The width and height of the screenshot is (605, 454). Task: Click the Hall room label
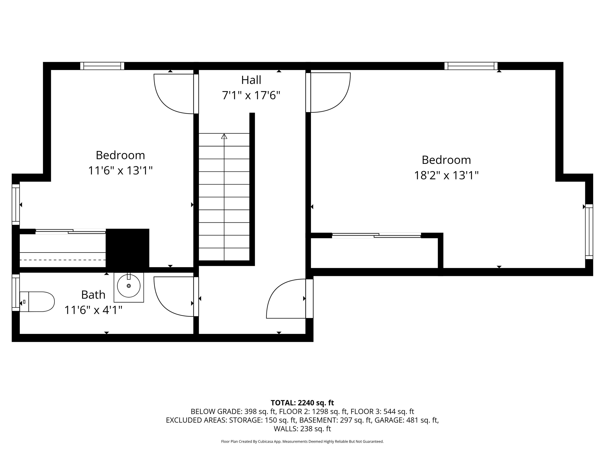point(251,80)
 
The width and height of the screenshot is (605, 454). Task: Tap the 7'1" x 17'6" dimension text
point(251,95)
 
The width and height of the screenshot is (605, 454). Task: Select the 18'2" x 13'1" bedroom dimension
point(446,175)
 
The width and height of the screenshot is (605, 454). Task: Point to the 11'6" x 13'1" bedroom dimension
point(120,171)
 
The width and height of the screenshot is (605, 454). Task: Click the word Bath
point(93,295)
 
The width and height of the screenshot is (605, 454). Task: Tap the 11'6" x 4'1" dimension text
point(93,310)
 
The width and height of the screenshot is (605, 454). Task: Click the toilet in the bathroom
point(37,302)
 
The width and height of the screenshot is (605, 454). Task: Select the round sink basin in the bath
point(129,286)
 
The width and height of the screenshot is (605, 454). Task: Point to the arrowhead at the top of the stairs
point(224,136)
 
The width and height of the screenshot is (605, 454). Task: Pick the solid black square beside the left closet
point(127,248)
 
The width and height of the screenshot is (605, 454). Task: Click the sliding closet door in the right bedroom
point(376,235)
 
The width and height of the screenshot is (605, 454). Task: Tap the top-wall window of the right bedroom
point(471,66)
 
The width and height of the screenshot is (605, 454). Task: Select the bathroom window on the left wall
point(16,293)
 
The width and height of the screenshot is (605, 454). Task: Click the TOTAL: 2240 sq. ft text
point(302,403)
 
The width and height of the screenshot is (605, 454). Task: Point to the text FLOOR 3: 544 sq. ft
point(382,412)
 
